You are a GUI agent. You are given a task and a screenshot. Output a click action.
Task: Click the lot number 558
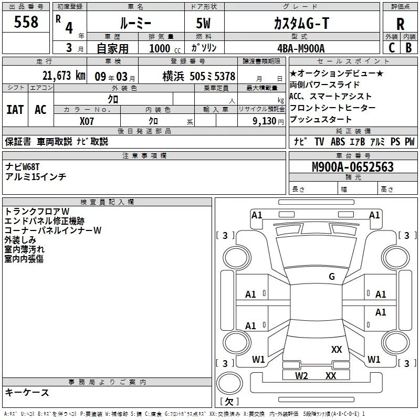[26, 22]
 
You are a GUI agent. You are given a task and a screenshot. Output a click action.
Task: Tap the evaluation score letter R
[400, 24]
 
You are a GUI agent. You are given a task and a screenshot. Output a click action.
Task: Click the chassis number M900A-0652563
[353, 167]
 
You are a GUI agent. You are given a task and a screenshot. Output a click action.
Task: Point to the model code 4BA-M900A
[301, 48]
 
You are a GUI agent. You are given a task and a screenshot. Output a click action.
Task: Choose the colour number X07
[87, 120]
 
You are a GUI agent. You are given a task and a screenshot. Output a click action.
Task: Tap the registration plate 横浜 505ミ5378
[198, 76]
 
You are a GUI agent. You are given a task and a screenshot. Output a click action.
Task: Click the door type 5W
[203, 24]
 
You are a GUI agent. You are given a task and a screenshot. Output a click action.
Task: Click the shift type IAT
[15, 109]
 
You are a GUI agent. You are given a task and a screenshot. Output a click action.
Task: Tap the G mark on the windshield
[331, 277]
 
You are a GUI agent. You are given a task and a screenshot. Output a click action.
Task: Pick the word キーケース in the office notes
[27, 392]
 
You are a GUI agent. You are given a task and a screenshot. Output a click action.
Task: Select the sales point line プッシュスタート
[320, 119]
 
